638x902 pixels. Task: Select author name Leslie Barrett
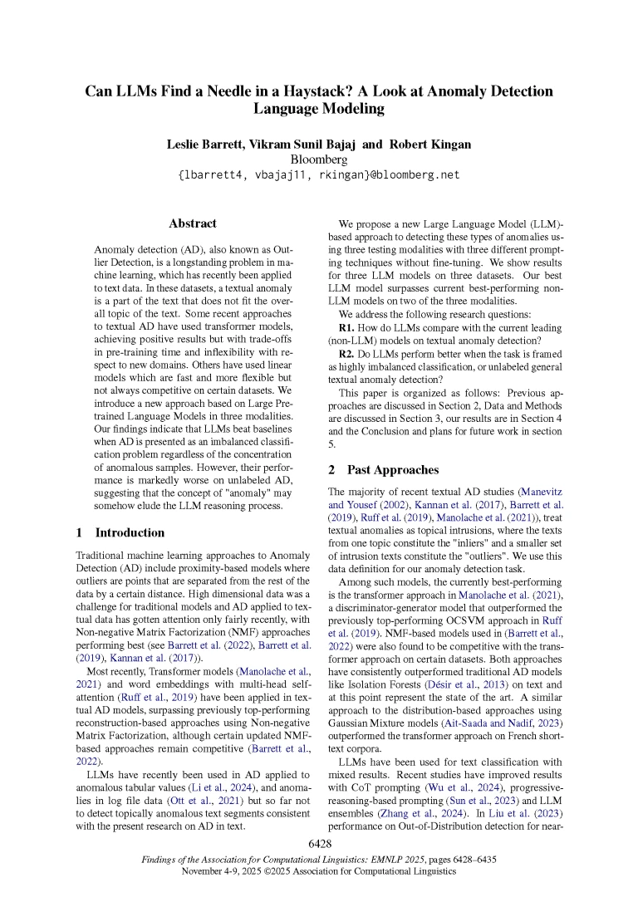click(x=208, y=145)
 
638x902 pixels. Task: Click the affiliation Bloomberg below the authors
click(x=319, y=159)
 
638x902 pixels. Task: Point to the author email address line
click(x=319, y=175)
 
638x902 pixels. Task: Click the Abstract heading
click(x=193, y=223)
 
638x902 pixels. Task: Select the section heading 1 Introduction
click(x=120, y=532)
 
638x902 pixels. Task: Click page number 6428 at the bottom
click(x=320, y=844)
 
